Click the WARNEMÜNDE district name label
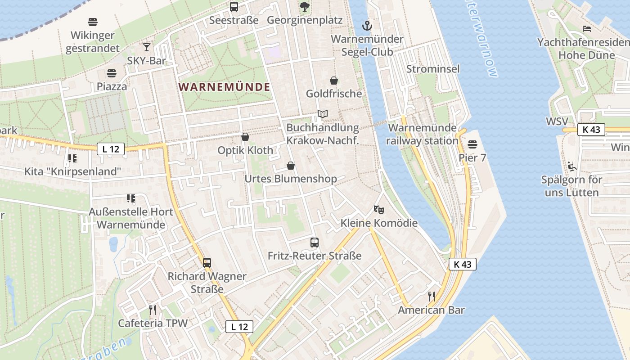(x=225, y=87)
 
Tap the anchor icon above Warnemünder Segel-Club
(x=367, y=25)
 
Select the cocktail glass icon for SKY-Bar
(x=147, y=47)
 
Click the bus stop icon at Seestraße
(x=234, y=7)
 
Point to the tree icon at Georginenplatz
(x=305, y=7)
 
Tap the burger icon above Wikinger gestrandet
(x=93, y=22)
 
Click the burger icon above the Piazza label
(x=112, y=73)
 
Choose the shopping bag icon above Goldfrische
(x=334, y=81)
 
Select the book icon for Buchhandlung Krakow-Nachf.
(x=323, y=114)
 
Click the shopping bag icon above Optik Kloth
(x=245, y=137)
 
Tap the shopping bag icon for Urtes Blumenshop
(x=291, y=166)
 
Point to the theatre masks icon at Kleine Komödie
(x=379, y=210)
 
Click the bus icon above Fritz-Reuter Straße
(x=315, y=243)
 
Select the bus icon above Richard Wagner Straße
(x=207, y=263)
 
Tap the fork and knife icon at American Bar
(x=431, y=297)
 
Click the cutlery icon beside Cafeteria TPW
(x=153, y=310)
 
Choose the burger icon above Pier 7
(x=472, y=144)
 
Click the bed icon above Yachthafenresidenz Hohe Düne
(x=587, y=29)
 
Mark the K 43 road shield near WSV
(x=591, y=130)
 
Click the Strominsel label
(x=433, y=69)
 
